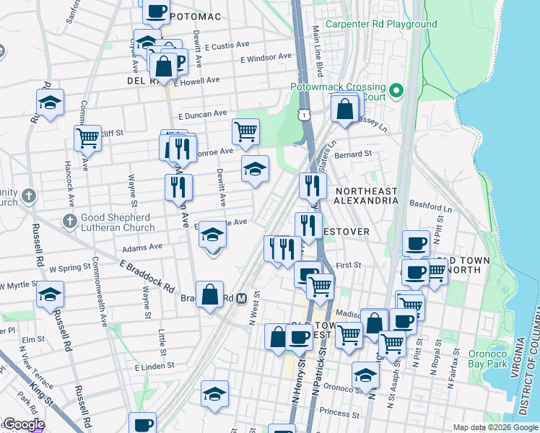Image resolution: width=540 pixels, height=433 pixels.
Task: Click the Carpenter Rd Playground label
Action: coord(381,25)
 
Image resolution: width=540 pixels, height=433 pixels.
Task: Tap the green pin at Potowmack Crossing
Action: coord(396,90)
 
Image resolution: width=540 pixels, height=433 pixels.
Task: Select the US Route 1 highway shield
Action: coord(306,115)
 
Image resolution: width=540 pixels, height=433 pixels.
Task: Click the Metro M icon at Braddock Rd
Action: coord(243,297)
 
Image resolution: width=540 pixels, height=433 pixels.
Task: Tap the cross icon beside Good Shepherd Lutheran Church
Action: coord(69,219)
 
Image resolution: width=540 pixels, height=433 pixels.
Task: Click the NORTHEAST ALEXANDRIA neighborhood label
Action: coord(366,196)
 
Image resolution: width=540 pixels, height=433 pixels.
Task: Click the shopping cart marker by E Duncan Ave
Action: coord(245,131)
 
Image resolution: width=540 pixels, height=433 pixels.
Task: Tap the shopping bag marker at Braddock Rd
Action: coord(209,294)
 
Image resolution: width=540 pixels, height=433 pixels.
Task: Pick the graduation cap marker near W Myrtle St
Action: coord(51,294)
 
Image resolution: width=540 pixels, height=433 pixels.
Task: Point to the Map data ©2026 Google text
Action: coord(495,427)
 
